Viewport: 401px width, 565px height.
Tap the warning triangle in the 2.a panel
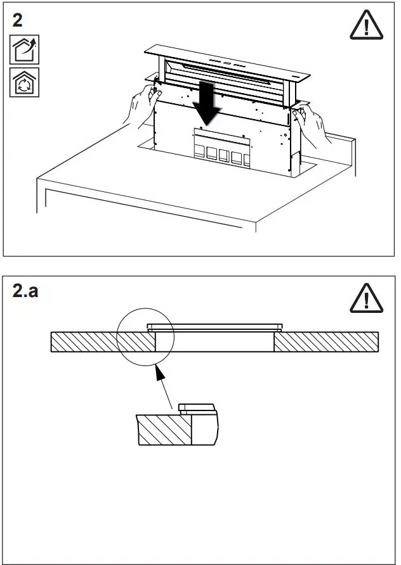coord(366,298)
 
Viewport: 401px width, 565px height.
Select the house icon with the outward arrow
coord(23,49)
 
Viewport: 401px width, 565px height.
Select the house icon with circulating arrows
coord(23,82)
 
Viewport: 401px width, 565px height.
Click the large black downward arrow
coord(207,104)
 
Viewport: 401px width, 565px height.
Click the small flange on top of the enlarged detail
coord(196,407)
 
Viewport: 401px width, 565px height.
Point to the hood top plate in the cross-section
coord(214,327)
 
